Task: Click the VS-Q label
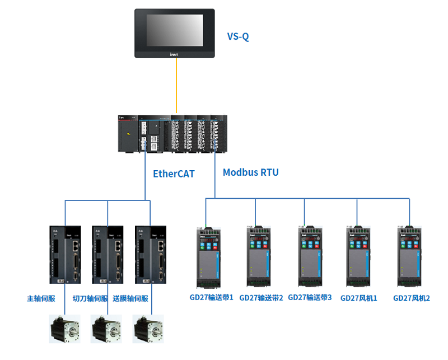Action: pos(238,37)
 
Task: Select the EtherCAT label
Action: pos(174,174)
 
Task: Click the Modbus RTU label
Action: pos(250,172)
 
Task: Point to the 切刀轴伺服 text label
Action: pos(90,298)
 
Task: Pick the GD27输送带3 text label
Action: pos(310,298)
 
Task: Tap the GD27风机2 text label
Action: pos(412,298)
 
